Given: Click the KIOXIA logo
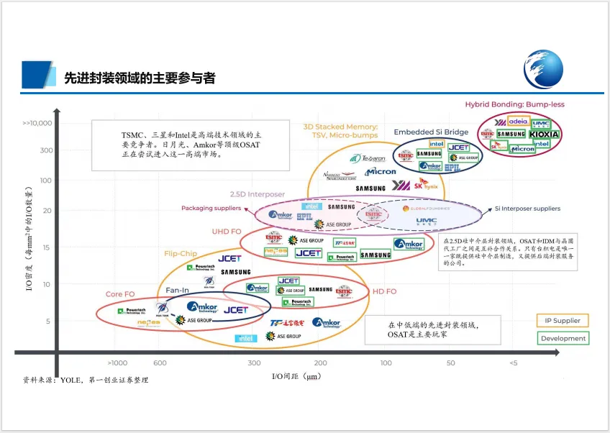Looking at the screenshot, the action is pyautogui.click(x=544, y=134).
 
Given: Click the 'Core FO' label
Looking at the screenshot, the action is pyautogui.click(x=120, y=294).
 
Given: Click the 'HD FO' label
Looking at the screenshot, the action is pyautogui.click(x=384, y=291).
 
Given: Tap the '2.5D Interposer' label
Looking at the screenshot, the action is pyautogui.click(x=257, y=194).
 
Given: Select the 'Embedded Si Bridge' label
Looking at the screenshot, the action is pyautogui.click(x=431, y=132).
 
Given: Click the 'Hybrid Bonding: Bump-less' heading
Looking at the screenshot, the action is pyautogui.click(x=514, y=104).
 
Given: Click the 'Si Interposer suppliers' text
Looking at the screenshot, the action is pyautogui.click(x=528, y=209).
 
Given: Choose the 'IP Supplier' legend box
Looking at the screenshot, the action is pyautogui.click(x=562, y=321).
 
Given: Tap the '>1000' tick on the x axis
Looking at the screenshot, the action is pyautogui.click(x=117, y=363).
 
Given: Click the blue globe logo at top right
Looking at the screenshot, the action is pyautogui.click(x=543, y=68).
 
